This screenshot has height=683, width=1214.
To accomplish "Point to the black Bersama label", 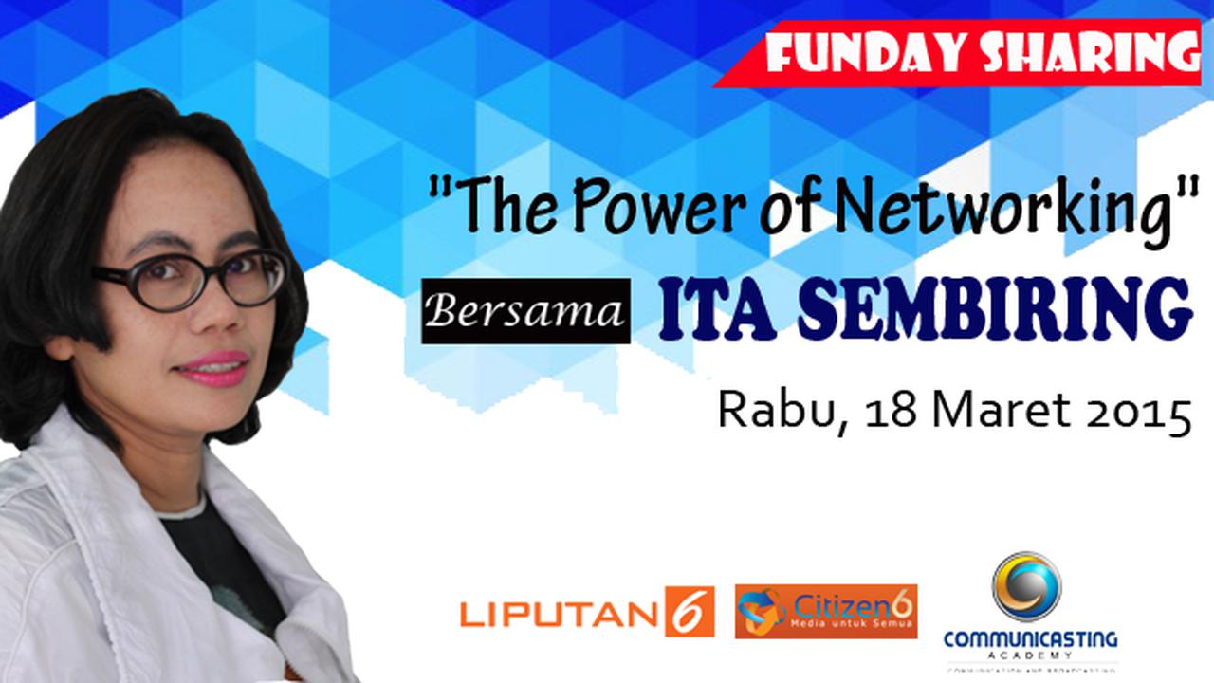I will (525, 311).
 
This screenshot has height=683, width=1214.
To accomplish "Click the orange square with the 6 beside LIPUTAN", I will (690, 612).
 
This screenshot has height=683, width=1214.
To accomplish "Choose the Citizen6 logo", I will (826, 611).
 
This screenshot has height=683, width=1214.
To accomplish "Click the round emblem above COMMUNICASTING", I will (1026, 586).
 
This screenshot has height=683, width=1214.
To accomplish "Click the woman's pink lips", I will (223, 368).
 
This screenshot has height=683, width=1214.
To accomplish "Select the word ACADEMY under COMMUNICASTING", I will (1030, 655).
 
